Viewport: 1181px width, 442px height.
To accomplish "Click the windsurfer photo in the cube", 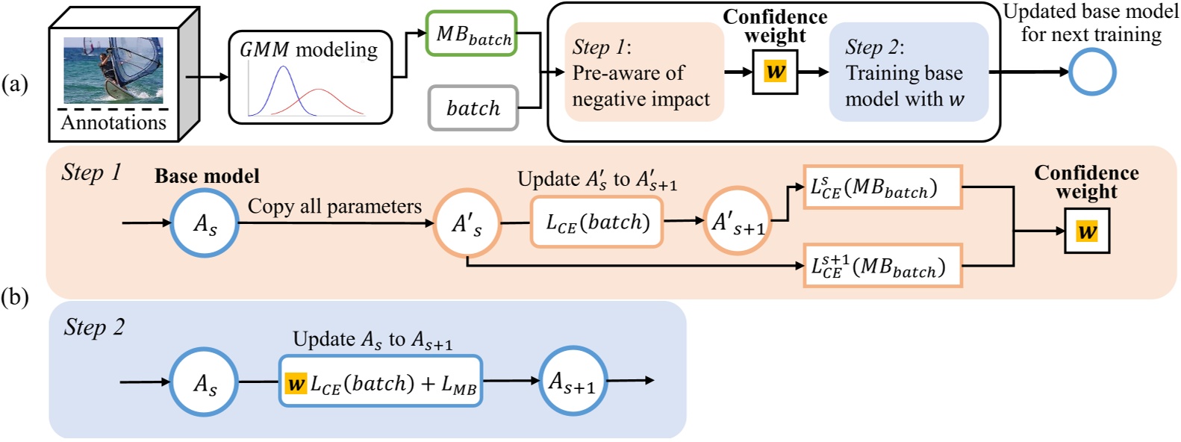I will [113, 70].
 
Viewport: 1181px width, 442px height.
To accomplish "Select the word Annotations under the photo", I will [113, 122].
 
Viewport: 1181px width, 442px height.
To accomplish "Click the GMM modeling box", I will [310, 77].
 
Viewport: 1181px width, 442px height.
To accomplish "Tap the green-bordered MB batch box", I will [472, 34].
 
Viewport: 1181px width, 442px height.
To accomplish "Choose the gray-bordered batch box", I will [473, 108].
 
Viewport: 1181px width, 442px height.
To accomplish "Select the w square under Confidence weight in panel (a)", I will [775, 72].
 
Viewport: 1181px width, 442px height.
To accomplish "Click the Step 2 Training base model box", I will [908, 72].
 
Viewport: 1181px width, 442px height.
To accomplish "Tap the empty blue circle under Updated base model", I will [1091, 72].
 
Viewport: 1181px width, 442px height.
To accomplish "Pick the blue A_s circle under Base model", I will [205, 223].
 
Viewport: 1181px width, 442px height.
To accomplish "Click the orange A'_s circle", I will [467, 223].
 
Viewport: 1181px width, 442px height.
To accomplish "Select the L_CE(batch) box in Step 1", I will [596, 222].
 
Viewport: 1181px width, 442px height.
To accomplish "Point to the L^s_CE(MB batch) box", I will [882, 187].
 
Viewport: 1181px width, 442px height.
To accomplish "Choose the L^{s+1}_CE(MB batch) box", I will [882, 266].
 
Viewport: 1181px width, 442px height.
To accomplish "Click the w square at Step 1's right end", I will [1086, 231].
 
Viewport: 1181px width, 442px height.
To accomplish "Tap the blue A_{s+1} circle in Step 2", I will [573, 382].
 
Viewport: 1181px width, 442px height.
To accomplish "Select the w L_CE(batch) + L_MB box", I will [381, 382].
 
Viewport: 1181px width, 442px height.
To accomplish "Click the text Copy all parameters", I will [334, 207].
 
